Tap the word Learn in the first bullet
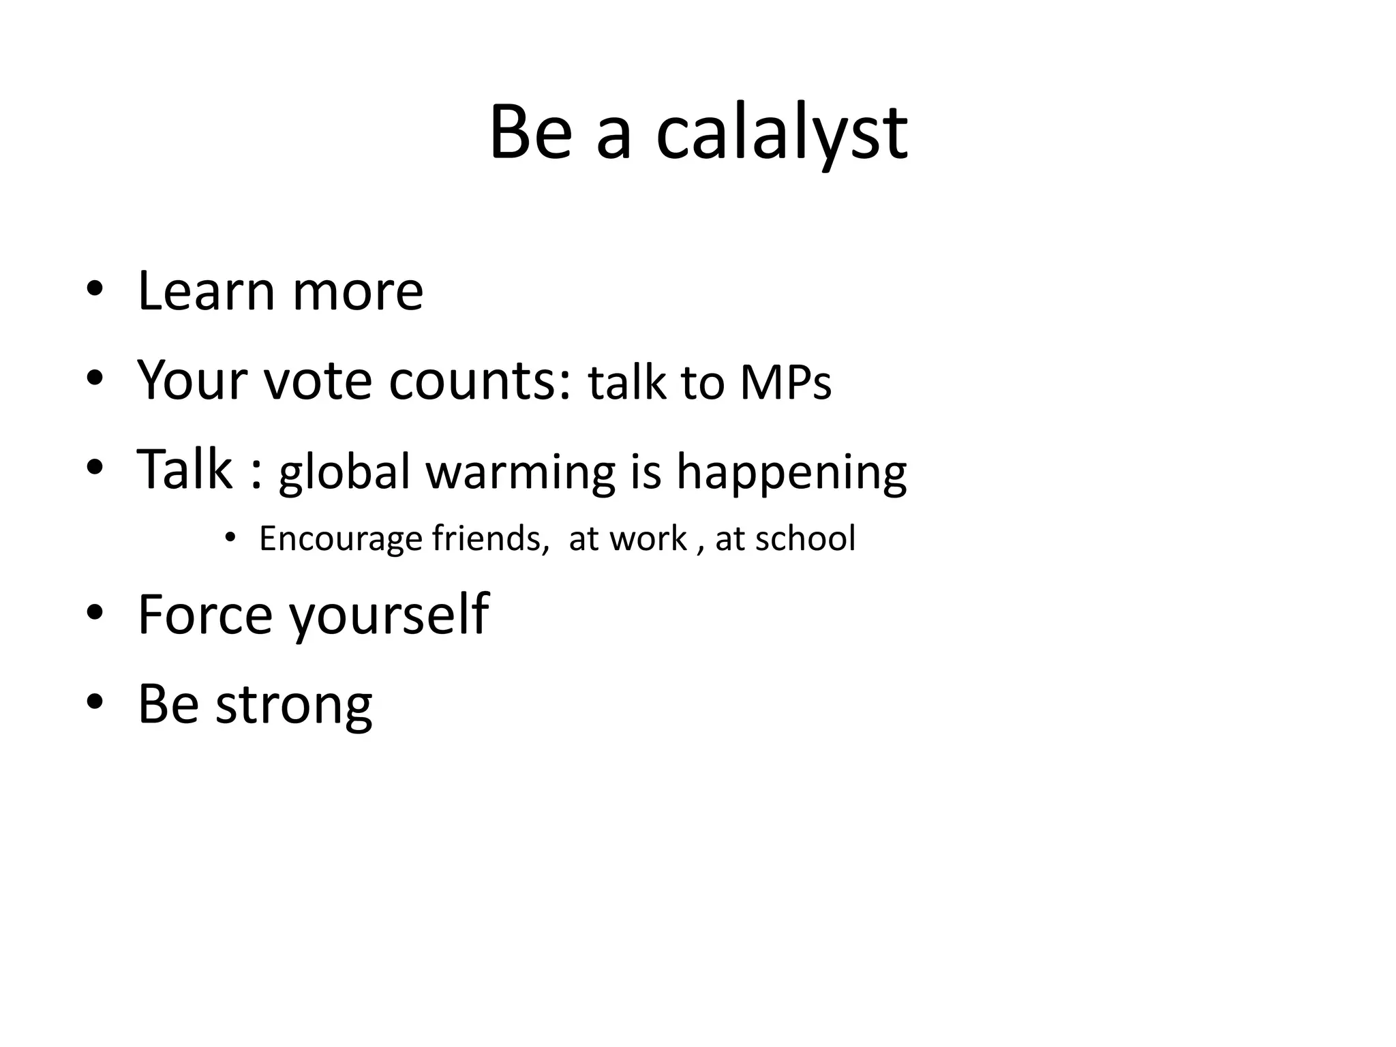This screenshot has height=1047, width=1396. pos(205,291)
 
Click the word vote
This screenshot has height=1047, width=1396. pos(318,380)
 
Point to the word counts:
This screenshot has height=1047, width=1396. pos(480,380)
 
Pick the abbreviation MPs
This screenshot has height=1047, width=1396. pos(785,382)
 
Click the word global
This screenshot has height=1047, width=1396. pos(345,472)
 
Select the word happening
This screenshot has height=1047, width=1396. pos(791,472)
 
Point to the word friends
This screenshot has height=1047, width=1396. pos(490,538)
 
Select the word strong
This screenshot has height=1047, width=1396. pos(294,705)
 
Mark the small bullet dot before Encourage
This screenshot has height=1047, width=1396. pos(230,538)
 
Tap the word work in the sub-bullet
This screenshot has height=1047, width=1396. pos(648,538)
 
